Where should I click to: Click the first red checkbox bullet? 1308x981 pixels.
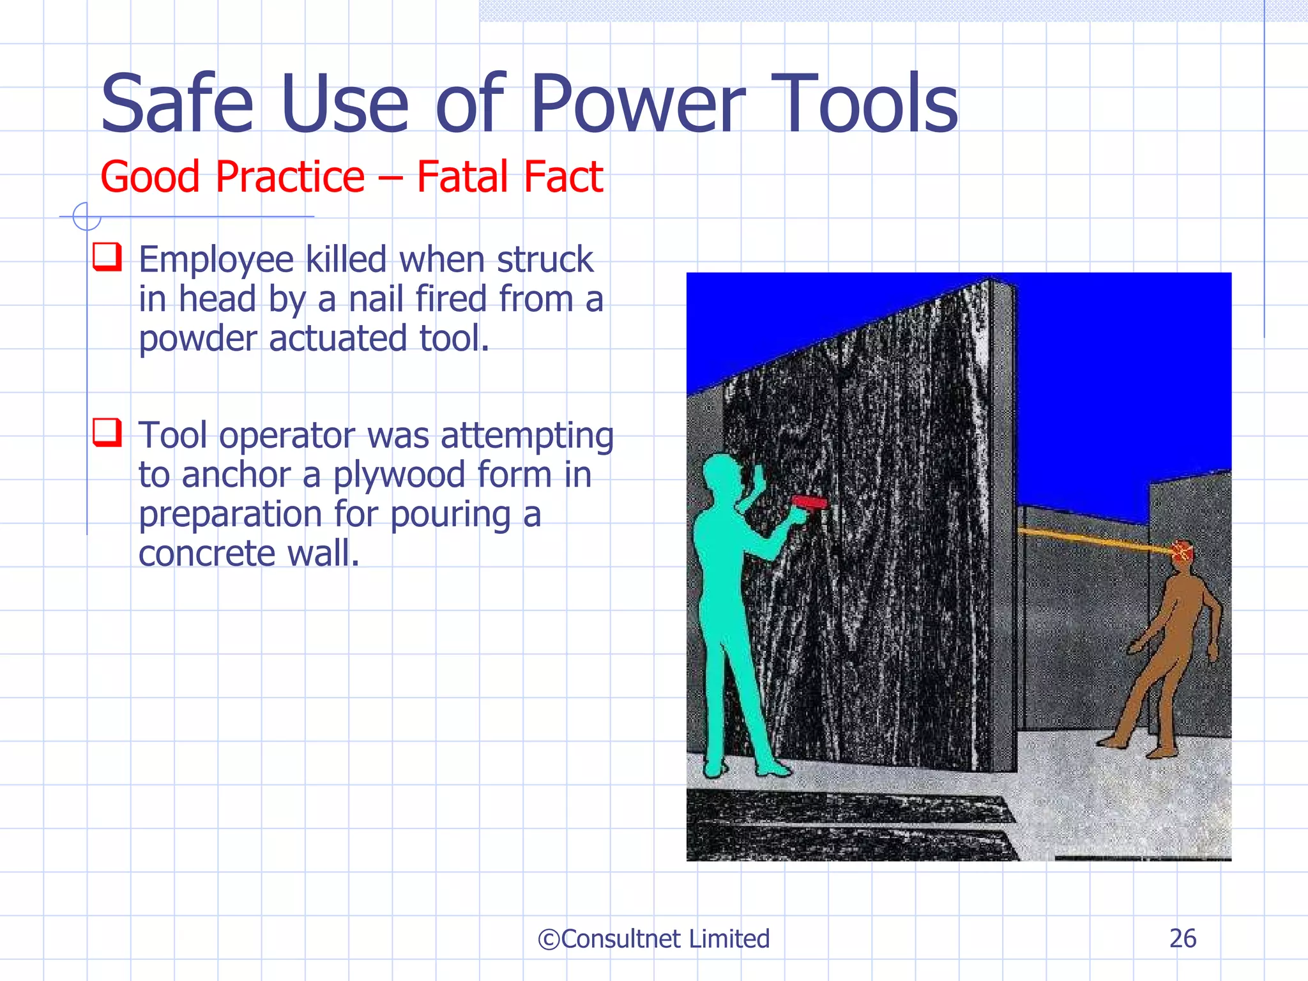[x=107, y=257]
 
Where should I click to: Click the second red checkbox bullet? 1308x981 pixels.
[x=107, y=432]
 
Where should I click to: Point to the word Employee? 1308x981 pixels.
[x=217, y=261]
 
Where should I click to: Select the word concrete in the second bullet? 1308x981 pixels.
[x=207, y=554]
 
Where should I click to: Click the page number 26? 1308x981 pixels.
[x=1182, y=938]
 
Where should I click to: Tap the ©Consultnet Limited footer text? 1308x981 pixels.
[x=653, y=939]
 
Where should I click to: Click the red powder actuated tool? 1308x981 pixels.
[x=809, y=503]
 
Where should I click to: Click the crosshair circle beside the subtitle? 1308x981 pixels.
[x=86, y=217]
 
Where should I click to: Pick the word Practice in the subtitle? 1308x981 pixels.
[x=290, y=177]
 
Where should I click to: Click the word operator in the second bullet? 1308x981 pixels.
[x=287, y=436]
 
